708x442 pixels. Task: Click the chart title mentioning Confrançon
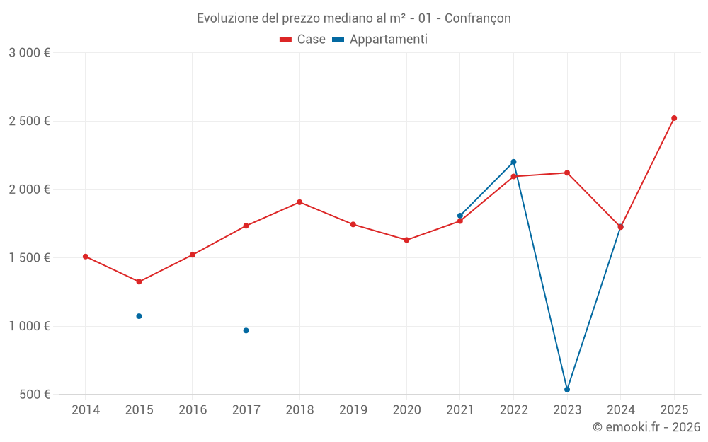(x=353, y=18)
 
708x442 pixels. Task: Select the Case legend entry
(x=302, y=40)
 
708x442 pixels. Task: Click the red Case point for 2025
(x=674, y=118)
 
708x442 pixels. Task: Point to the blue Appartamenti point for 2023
(x=567, y=390)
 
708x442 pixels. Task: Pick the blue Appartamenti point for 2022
(x=513, y=162)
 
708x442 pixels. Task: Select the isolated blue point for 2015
(x=139, y=316)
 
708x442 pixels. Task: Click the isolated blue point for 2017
(x=246, y=330)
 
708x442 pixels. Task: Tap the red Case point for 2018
(x=299, y=202)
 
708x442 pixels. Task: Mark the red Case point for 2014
(x=86, y=257)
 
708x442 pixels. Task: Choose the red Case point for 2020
(x=406, y=240)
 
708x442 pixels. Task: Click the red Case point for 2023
(x=567, y=173)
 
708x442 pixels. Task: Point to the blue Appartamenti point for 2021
(x=460, y=216)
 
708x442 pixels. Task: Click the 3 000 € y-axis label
(x=29, y=53)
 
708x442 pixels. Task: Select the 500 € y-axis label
(x=34, y=395)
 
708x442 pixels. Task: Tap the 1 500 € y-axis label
(x=29, y=258)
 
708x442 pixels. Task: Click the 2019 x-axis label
(x=353, y=410)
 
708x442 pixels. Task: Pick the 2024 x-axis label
(x=620, y=410)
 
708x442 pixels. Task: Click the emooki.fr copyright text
(x=646, y=427)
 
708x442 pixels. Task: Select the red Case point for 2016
(x=193, y=255)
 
